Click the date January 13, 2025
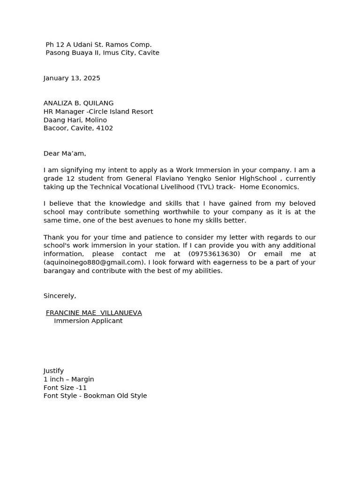coord(72,78)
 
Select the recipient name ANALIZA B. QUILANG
coord(78,103)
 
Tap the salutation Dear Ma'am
coord(65,153)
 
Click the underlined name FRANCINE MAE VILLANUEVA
coord(94,313)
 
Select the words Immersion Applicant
coord(88,321)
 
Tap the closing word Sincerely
coord(60,296)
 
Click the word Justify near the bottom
coord(53,371)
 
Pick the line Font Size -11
coord(65,388)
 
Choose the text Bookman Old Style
coord(115,396)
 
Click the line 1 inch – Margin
coord(69,379)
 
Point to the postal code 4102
coord(105,128)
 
